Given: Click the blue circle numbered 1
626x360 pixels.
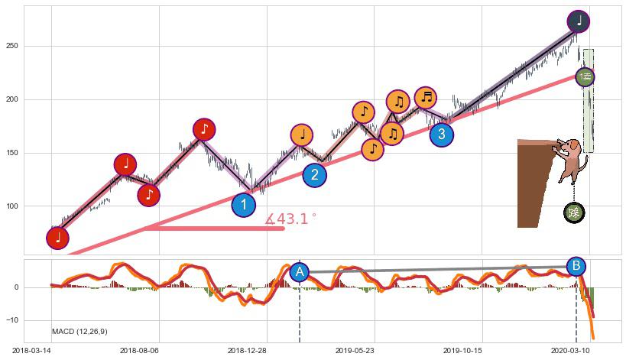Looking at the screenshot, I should pyautogui.click(x=243, y=205).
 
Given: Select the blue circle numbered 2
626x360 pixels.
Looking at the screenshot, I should pyautogui.click(x=314, y=175).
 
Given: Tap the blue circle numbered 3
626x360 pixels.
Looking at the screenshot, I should pyautogui.click(x=441, y=135).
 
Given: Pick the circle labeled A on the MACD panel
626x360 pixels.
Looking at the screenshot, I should pyautogui.click(x=300, y=271).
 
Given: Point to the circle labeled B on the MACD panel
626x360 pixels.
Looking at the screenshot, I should pyautogui.click(x=577, y=266).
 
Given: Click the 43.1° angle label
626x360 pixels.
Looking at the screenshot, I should pyautogui.click(x=291, y=219).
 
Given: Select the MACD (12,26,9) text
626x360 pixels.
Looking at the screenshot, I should pyautogui.click(x=79, y=331).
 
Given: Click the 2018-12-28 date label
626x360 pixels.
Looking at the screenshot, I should pyautogui.click(x=246, y=349).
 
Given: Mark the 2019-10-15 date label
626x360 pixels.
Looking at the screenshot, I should pyautogui.click(x=462, y=349).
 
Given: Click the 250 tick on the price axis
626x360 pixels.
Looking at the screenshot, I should pyautogui.click(x=12, y=47).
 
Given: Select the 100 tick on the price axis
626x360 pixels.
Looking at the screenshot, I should pyautogui.click(x=12, y=206).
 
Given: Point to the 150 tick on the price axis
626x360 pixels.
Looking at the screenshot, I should pyautogui.click(x=12, y=153).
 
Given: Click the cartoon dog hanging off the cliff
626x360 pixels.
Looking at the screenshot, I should pyautogui.click(x=571, y=158).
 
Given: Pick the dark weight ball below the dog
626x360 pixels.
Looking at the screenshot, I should pyautogui.click(x=574, y=212).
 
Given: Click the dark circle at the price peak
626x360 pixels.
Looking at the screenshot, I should pyautogui.click(x=579, y=21).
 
